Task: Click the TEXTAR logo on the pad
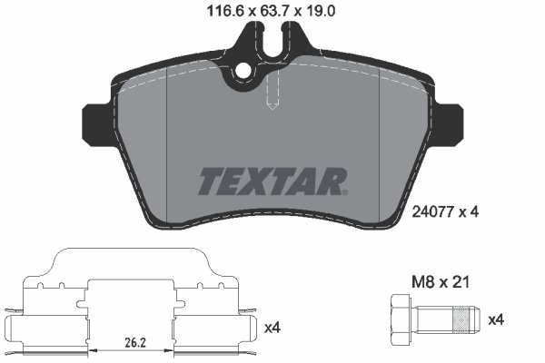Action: pos(270,181)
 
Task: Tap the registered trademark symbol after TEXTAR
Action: pos(345,191)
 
